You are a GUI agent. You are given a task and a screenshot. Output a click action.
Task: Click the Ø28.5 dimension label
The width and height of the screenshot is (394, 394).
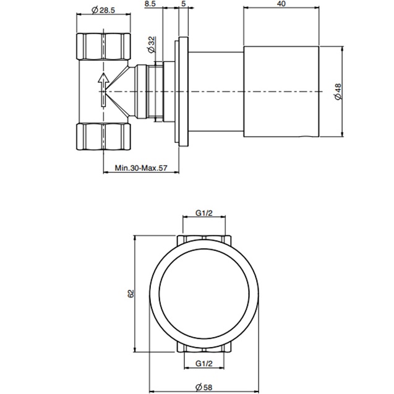coord(102,11)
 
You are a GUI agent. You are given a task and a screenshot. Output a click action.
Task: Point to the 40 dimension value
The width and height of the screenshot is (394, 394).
coord(281,4)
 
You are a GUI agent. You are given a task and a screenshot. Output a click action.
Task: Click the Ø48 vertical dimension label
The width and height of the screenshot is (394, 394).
coord(337,93)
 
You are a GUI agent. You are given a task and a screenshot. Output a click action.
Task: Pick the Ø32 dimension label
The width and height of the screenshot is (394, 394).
coord(151,45)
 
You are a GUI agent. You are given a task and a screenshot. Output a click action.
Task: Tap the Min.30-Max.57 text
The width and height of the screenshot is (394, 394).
coord(142,168)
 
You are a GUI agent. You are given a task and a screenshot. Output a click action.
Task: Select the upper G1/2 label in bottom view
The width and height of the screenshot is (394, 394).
coord(203,213)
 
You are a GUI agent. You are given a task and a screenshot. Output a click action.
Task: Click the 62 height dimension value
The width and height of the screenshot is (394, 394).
coord(131,293)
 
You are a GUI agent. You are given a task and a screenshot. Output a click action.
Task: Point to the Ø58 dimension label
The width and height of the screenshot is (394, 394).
coord(203,387)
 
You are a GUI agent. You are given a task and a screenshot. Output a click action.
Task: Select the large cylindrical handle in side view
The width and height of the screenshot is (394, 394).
coord(282,92)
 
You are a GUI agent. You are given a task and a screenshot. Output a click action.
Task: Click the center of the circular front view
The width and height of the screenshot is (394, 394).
coord(203,293)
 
